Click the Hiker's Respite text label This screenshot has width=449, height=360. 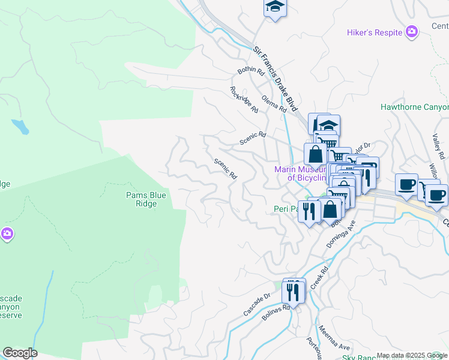coord(374,32)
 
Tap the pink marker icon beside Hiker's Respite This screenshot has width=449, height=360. coord(412,32)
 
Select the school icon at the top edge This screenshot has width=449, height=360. coord(275,7)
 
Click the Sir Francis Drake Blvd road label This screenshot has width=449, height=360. coord(276,78)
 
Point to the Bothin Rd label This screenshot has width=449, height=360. coord(251,71)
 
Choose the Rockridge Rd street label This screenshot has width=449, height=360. coord(244,100)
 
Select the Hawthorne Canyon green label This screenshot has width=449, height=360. coord(414,107)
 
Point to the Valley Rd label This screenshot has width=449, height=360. coord(436,143)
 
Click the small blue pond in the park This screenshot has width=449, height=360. coord(20,127)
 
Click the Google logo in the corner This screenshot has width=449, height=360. coord(20,353)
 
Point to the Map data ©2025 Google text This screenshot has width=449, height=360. coord(412,355)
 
